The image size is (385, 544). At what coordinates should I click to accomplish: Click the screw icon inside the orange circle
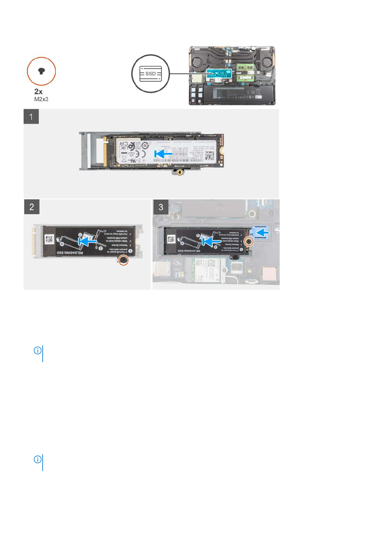(41, 71)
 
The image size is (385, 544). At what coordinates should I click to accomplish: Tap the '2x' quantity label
(38, 92)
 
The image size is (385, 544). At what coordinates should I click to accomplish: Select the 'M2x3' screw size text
(41, 99)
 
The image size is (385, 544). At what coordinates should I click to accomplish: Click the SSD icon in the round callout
(150, 74)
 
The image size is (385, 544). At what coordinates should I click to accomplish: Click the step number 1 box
(31, 117)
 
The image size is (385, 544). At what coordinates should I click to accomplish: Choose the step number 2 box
(32, 207)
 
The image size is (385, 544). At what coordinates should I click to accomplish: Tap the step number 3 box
(161, 207)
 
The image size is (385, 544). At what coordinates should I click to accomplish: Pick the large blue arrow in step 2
(87, 241)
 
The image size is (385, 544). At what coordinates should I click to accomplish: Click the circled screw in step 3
(249, 241)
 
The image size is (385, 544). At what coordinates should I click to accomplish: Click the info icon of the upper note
(37, 350)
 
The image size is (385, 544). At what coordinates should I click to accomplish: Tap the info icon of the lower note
(37, 459)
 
